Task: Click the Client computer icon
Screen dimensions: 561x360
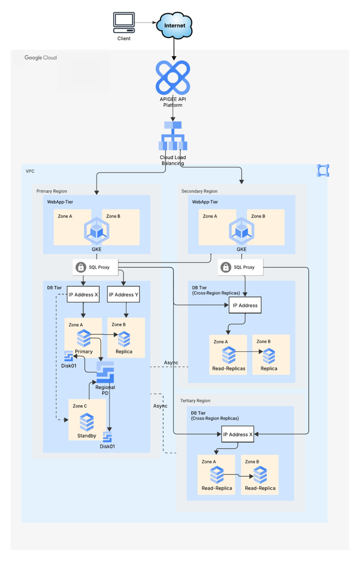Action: pos(123,22)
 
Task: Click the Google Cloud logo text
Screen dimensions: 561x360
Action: pos(40,57)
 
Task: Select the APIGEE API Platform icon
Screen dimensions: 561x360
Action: pos(173,78)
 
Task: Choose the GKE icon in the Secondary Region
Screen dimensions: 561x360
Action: pos(241,231)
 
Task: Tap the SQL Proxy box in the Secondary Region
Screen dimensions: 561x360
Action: pos(240,267)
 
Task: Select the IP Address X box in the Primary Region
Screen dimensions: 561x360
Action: pos(84,295)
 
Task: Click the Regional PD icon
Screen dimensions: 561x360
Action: pos(105,372)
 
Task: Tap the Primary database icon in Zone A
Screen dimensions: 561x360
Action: pos(84,338)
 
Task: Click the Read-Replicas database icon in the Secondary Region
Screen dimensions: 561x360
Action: pos(228,355)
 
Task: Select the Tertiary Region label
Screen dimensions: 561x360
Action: pos(195,401)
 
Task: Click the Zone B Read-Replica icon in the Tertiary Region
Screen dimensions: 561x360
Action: pos(260,475)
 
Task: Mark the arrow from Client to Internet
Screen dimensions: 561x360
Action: pos(146,22)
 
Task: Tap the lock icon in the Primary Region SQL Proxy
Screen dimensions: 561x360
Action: pos(81,268)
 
